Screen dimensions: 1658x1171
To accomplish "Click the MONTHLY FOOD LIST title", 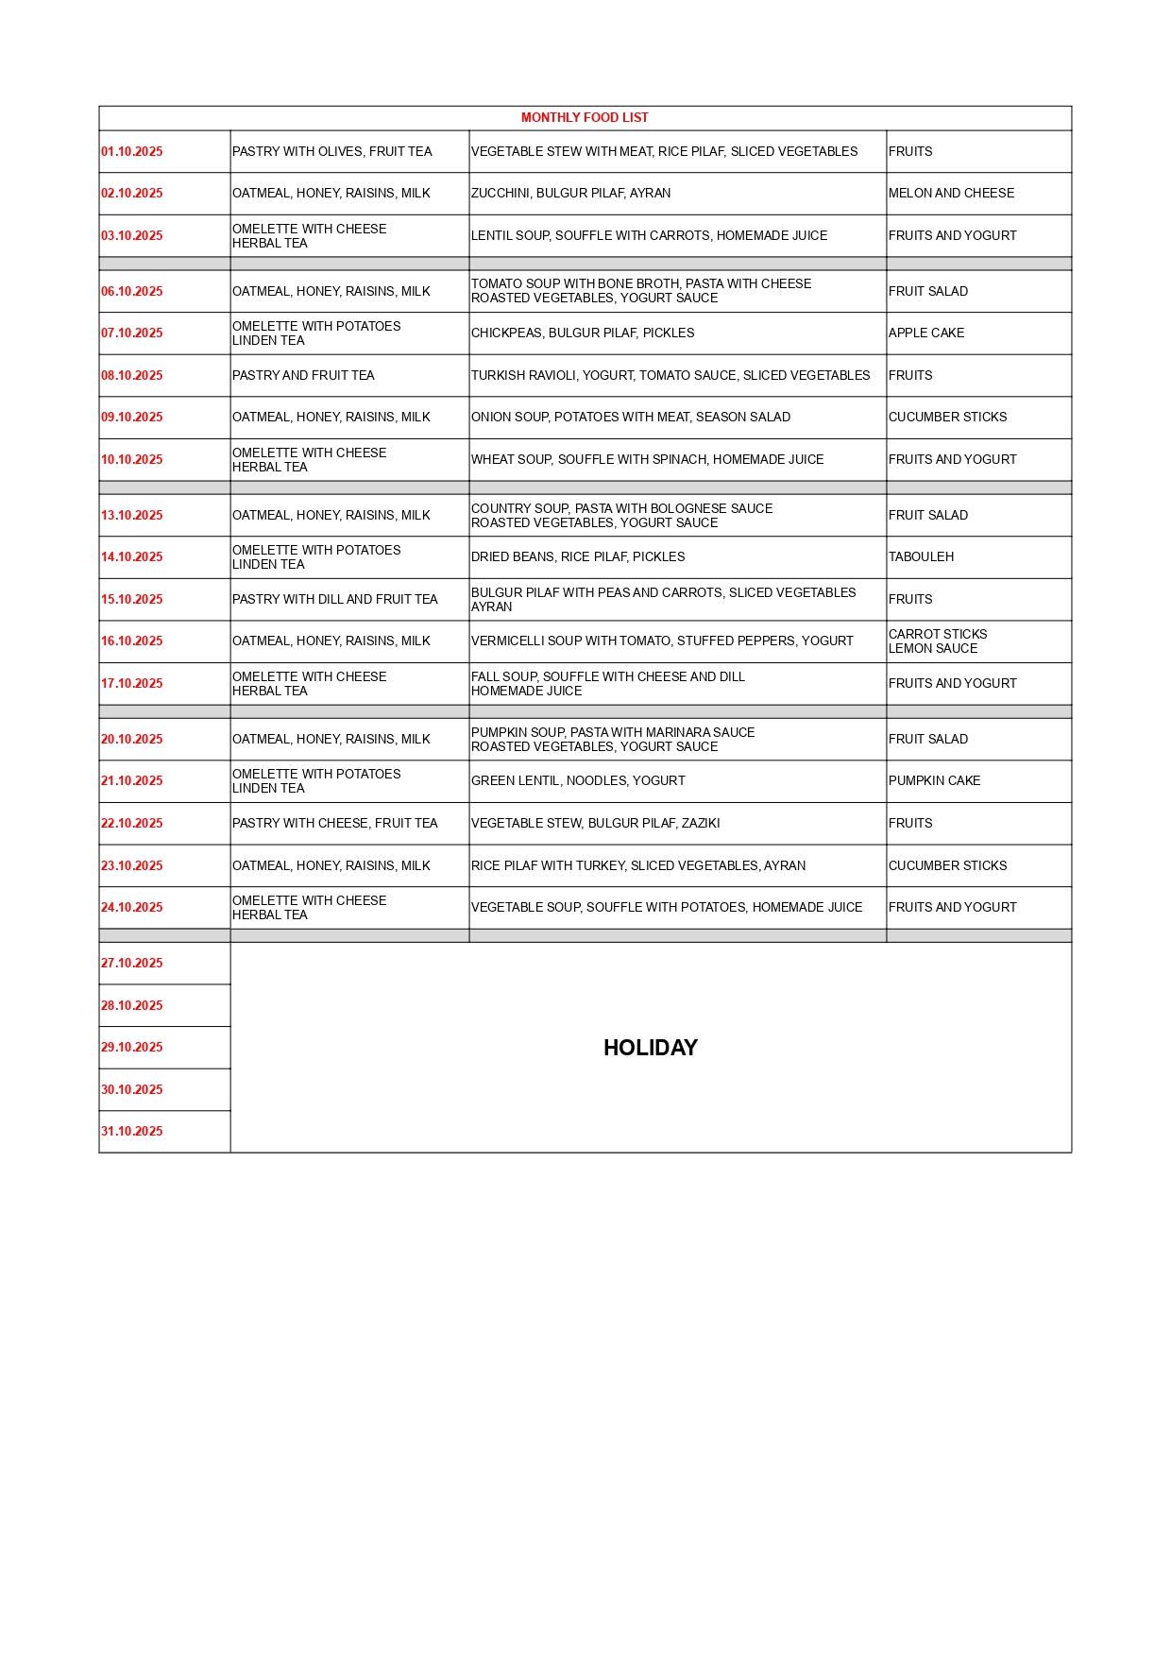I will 585,118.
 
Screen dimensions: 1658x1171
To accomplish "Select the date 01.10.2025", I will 132,151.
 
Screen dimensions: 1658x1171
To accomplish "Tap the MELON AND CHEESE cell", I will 951,193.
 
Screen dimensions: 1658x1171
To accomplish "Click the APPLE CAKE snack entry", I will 926,333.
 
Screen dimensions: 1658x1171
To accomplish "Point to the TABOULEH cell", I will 921,556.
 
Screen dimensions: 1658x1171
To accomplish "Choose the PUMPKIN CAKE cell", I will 934,780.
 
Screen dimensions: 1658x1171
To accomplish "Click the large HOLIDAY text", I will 650,1048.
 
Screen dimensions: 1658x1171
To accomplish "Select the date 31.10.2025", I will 132,1131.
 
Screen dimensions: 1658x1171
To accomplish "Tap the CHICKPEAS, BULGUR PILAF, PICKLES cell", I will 583,333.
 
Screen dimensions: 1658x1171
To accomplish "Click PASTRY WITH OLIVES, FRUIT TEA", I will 331,151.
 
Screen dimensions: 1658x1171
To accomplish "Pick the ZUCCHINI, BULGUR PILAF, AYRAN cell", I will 570,193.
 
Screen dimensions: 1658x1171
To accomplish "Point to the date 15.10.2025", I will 132,599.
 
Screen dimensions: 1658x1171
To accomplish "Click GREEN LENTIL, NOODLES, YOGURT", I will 578,780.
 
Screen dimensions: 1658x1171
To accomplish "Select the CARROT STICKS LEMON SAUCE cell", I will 937,641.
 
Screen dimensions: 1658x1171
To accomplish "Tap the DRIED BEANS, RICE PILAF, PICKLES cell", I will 578,556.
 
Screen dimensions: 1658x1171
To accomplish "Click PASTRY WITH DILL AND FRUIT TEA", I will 334,599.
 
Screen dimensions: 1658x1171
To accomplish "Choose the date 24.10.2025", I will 132,907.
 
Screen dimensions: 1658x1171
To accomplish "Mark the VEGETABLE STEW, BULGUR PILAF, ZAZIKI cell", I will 595,823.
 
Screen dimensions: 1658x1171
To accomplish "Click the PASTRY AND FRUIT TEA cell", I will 303,375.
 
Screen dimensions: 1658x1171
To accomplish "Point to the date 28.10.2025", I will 132,1005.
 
